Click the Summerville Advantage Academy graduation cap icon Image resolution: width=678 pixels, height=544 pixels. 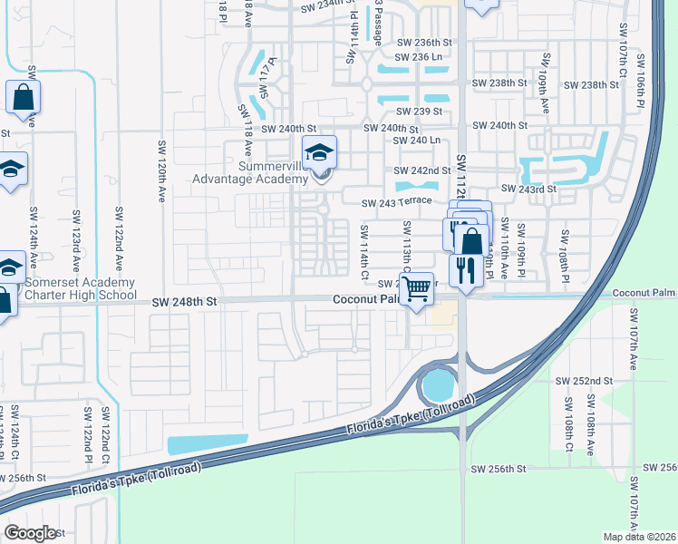click(319, 153)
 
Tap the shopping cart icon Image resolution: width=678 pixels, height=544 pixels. click(416, 289)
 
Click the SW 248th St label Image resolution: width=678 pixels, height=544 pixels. click(187, 301)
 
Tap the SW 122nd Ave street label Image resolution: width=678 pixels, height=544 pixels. click(119, 238)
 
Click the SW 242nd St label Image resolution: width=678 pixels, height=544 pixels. click(422, 170)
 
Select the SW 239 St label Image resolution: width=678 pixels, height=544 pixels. click(419, 112)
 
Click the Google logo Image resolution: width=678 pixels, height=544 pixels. click(30, 533)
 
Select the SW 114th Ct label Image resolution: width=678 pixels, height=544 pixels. click(364, 251)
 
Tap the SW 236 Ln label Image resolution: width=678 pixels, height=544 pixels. click(419, 57)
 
